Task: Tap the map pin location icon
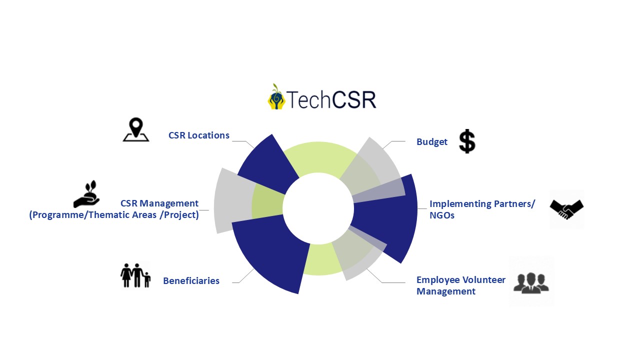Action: click(x=135, y=130)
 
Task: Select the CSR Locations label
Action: click(x=199, y=135)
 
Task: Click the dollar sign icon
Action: click(x=467, y=141)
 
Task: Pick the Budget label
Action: click(x=432, y=142)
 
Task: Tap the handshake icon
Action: click(x=566, y=209)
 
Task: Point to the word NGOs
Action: click(x=442, y=216)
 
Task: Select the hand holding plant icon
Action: click(x=86, y=194)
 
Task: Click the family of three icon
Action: click(x=135, y=275)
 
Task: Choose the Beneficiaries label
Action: click(x=191, y=281)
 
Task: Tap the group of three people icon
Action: click(x=531, y=282)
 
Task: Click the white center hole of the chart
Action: click(x=317, y=207)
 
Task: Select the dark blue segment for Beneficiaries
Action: click(x=270, y=255)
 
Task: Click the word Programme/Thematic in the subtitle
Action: click(x=79, y=215)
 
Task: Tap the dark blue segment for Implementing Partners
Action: click(x=390, y=220)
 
